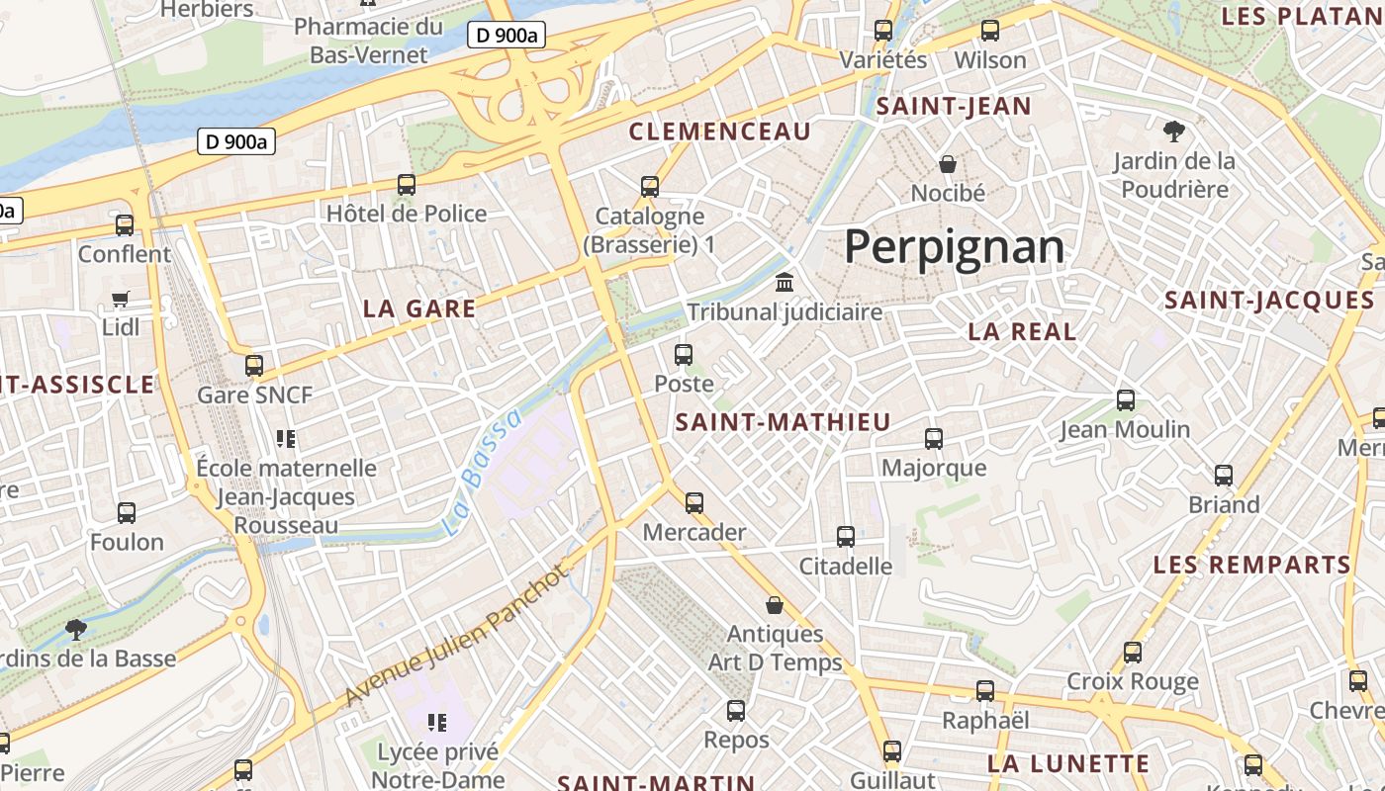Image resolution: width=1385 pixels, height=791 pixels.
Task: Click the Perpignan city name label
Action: (x=954, y=246)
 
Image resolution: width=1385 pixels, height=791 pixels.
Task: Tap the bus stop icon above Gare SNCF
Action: (x=254, y=366)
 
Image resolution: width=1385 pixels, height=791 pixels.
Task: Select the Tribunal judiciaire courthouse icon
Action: (x=785, y=284)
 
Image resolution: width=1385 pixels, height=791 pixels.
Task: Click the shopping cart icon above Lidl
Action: (x=121, y=299)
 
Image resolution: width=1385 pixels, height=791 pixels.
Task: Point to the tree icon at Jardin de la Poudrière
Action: (x=1174, y=131)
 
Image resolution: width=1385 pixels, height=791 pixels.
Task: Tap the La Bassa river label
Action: (x=482, y=473)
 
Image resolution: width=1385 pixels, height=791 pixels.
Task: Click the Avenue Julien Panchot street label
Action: (x=458, y=636)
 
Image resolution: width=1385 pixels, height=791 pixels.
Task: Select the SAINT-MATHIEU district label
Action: (x=783, y=422)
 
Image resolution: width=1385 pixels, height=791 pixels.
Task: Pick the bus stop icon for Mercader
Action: (x=694, y=503)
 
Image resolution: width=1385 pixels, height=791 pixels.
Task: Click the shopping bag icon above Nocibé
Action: (x=948, y=164)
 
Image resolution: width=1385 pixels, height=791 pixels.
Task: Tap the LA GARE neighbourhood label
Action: (x=419, y=308)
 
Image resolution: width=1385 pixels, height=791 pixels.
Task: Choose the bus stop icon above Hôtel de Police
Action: (x=406, y=184)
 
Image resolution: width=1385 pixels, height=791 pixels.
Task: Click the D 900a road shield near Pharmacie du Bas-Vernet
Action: (x=507, y=36)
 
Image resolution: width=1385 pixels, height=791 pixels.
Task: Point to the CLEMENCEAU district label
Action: (x=720, y=132)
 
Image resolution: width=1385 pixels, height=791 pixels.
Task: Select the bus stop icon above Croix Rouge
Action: (x=1133, y=653)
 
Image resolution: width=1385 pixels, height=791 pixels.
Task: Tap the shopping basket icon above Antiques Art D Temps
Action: (x=775, y=605)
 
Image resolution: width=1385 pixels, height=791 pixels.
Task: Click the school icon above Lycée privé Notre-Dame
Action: (x=436, y=723)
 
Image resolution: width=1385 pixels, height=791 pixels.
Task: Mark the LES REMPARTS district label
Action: (x=1251, y=565)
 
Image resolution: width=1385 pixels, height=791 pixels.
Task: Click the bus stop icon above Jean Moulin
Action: (x=1126, y=400)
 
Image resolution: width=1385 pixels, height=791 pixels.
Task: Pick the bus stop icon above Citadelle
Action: (x=846, y=537)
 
